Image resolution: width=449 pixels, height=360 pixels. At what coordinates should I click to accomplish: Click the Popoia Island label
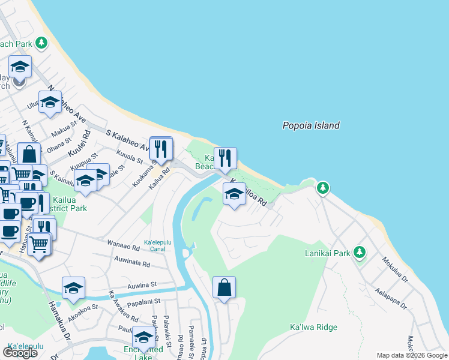pyautogui.click(x=311, y=125)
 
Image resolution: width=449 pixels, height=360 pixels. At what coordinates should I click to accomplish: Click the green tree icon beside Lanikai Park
pyautogui.click(x=360, y=253)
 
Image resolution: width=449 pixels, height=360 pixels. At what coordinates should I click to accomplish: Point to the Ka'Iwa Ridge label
pyautogui.click(x=313, y=327)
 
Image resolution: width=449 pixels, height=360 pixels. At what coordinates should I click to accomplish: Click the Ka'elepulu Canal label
pyautogui.click(x=159, y=245)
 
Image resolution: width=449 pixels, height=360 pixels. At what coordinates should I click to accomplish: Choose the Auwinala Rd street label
pyautogui.click(x=132, y=262)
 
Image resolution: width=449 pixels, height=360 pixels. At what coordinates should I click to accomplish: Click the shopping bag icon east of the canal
pyautogui.click(x=224, y=287)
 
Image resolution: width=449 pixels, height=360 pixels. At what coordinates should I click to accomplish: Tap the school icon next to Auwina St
pyautogui.click(x=73, y=288)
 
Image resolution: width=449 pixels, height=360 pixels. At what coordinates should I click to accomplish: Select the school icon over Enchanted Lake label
pyautogui.click(x=143, y=339)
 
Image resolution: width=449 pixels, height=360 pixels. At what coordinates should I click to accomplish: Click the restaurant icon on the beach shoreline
pyautogui.click(x=225, y=158)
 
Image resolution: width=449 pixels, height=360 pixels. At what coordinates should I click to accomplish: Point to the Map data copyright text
pyautogui.click(x=412, y=355)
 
